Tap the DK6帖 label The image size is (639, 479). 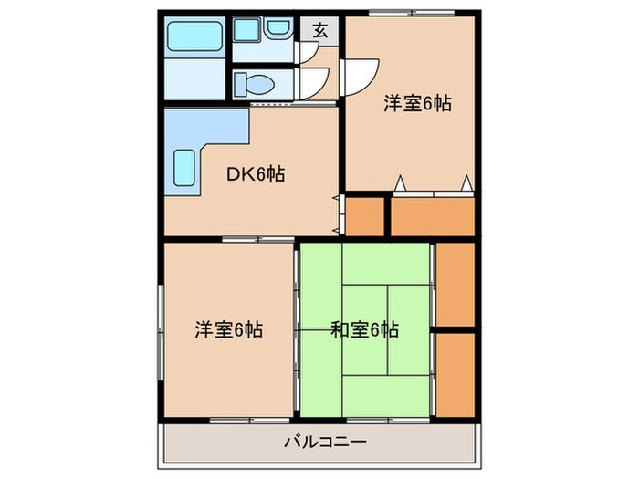coord(255,173)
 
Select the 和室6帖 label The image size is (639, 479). coord(364,329)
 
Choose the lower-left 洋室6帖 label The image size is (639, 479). coord(228,329)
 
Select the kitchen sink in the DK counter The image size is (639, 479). coord(185,168)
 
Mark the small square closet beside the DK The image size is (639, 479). coord(365,215)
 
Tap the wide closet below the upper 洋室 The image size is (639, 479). coord(433,215)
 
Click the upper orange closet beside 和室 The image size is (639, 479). coord(455,283)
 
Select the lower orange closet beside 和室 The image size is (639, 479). coord(455,375)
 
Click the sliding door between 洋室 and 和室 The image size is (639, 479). coord(298,329)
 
